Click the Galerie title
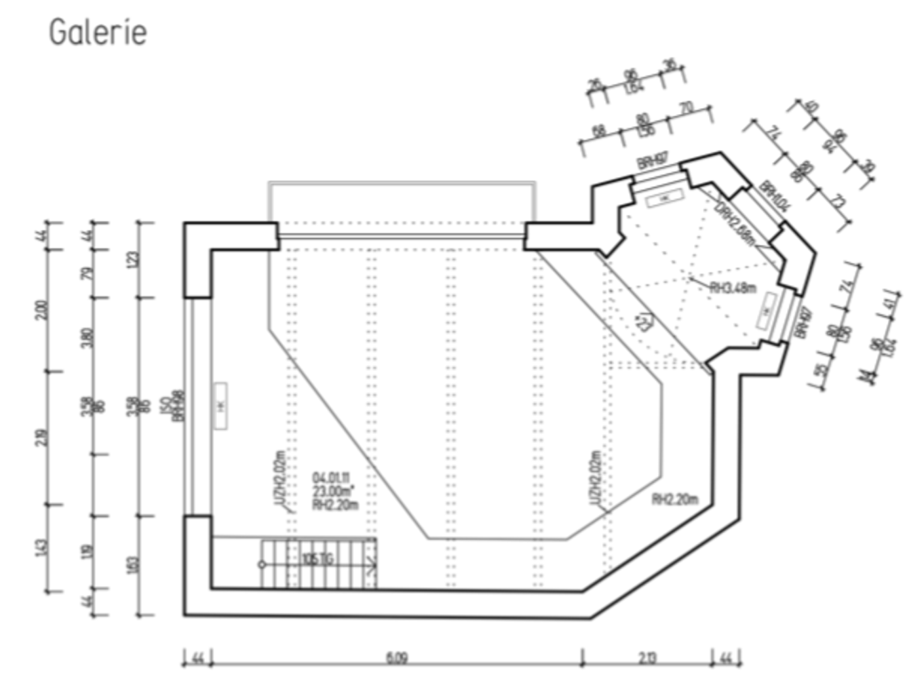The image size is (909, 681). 98,32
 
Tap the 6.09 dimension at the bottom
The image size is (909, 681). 396,658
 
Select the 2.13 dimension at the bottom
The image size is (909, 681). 647,658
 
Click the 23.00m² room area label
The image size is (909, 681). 333,491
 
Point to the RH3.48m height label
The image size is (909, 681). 733,288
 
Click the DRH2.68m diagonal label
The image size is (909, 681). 736,224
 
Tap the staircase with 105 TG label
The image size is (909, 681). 318,563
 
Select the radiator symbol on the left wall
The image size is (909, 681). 221,406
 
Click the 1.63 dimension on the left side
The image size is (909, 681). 132,564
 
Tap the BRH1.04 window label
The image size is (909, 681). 774,196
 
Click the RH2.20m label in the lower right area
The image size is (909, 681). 675,499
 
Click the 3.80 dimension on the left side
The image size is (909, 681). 88,337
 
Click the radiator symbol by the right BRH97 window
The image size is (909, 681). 767,311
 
